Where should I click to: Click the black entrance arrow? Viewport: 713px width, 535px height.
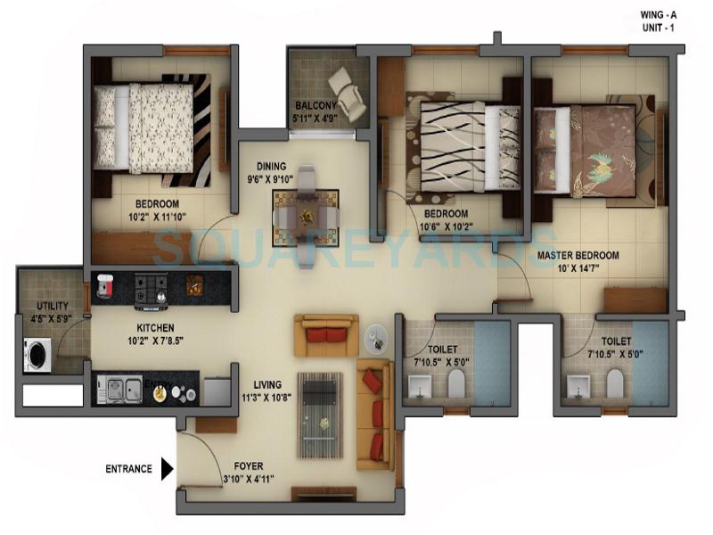166,468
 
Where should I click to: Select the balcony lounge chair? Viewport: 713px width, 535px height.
347,93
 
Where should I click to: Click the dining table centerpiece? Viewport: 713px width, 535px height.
307,216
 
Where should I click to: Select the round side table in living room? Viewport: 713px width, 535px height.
378,336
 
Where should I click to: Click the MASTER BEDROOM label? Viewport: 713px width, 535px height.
578,255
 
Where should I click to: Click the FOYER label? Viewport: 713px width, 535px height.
248,466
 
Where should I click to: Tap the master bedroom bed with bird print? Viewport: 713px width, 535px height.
592,150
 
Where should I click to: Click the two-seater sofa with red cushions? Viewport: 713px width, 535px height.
326,334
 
